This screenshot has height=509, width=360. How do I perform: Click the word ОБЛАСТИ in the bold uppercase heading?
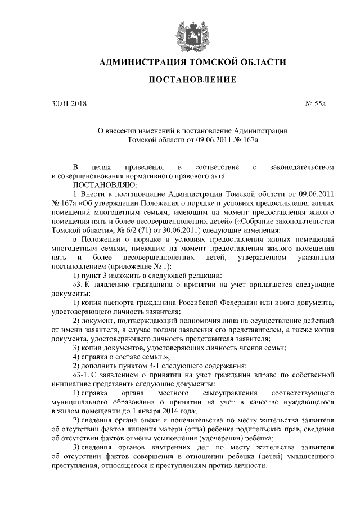coord(258,62)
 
